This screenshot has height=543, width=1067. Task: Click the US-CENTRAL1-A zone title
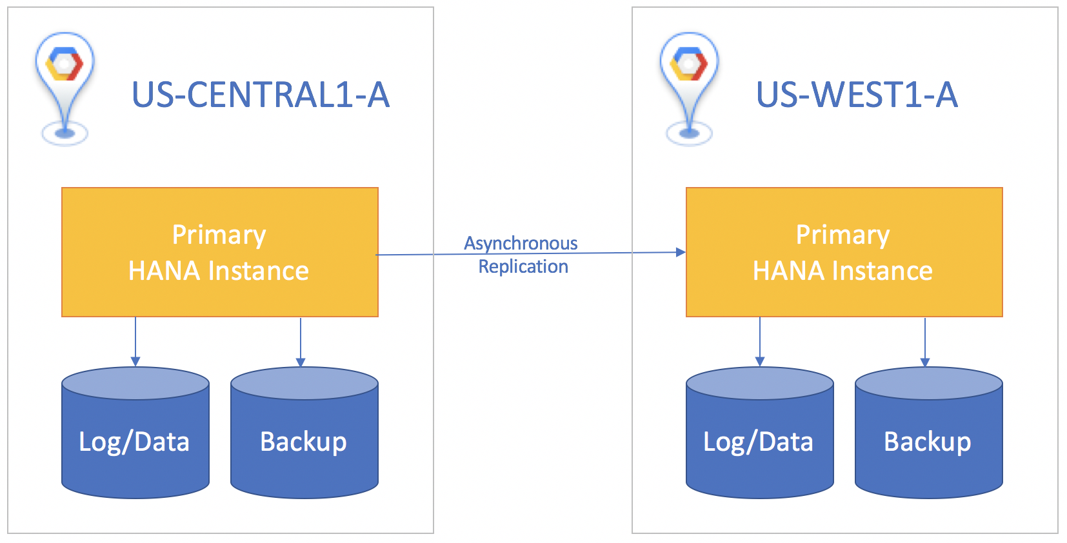click(260, 95)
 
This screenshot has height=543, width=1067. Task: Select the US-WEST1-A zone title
click(856, 95)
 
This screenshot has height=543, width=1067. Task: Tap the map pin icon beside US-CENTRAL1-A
click(65, 84)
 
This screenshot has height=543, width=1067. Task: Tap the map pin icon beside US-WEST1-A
click(689, 84)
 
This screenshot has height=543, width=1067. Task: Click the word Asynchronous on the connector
click(521, 243)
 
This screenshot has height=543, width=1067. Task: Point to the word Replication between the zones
click(523, 266)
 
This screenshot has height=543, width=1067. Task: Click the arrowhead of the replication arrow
click(681, 252)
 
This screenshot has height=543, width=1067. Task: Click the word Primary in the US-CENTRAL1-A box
click(219, 235)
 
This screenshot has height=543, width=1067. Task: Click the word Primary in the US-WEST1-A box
click(843, 235)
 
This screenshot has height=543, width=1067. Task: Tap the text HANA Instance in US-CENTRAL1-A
click(219, 271)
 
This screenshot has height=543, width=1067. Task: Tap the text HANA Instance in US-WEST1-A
click(843, 271)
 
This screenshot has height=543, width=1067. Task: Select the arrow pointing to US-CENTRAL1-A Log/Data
click(135, 342)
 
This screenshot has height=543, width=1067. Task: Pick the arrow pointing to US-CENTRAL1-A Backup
click(301, 342)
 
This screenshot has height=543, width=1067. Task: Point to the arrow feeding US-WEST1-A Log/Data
click(760, 342)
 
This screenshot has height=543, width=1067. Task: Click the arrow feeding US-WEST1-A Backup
click(925, 342)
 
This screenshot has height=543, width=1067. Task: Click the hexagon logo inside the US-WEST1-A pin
click(689, 64)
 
